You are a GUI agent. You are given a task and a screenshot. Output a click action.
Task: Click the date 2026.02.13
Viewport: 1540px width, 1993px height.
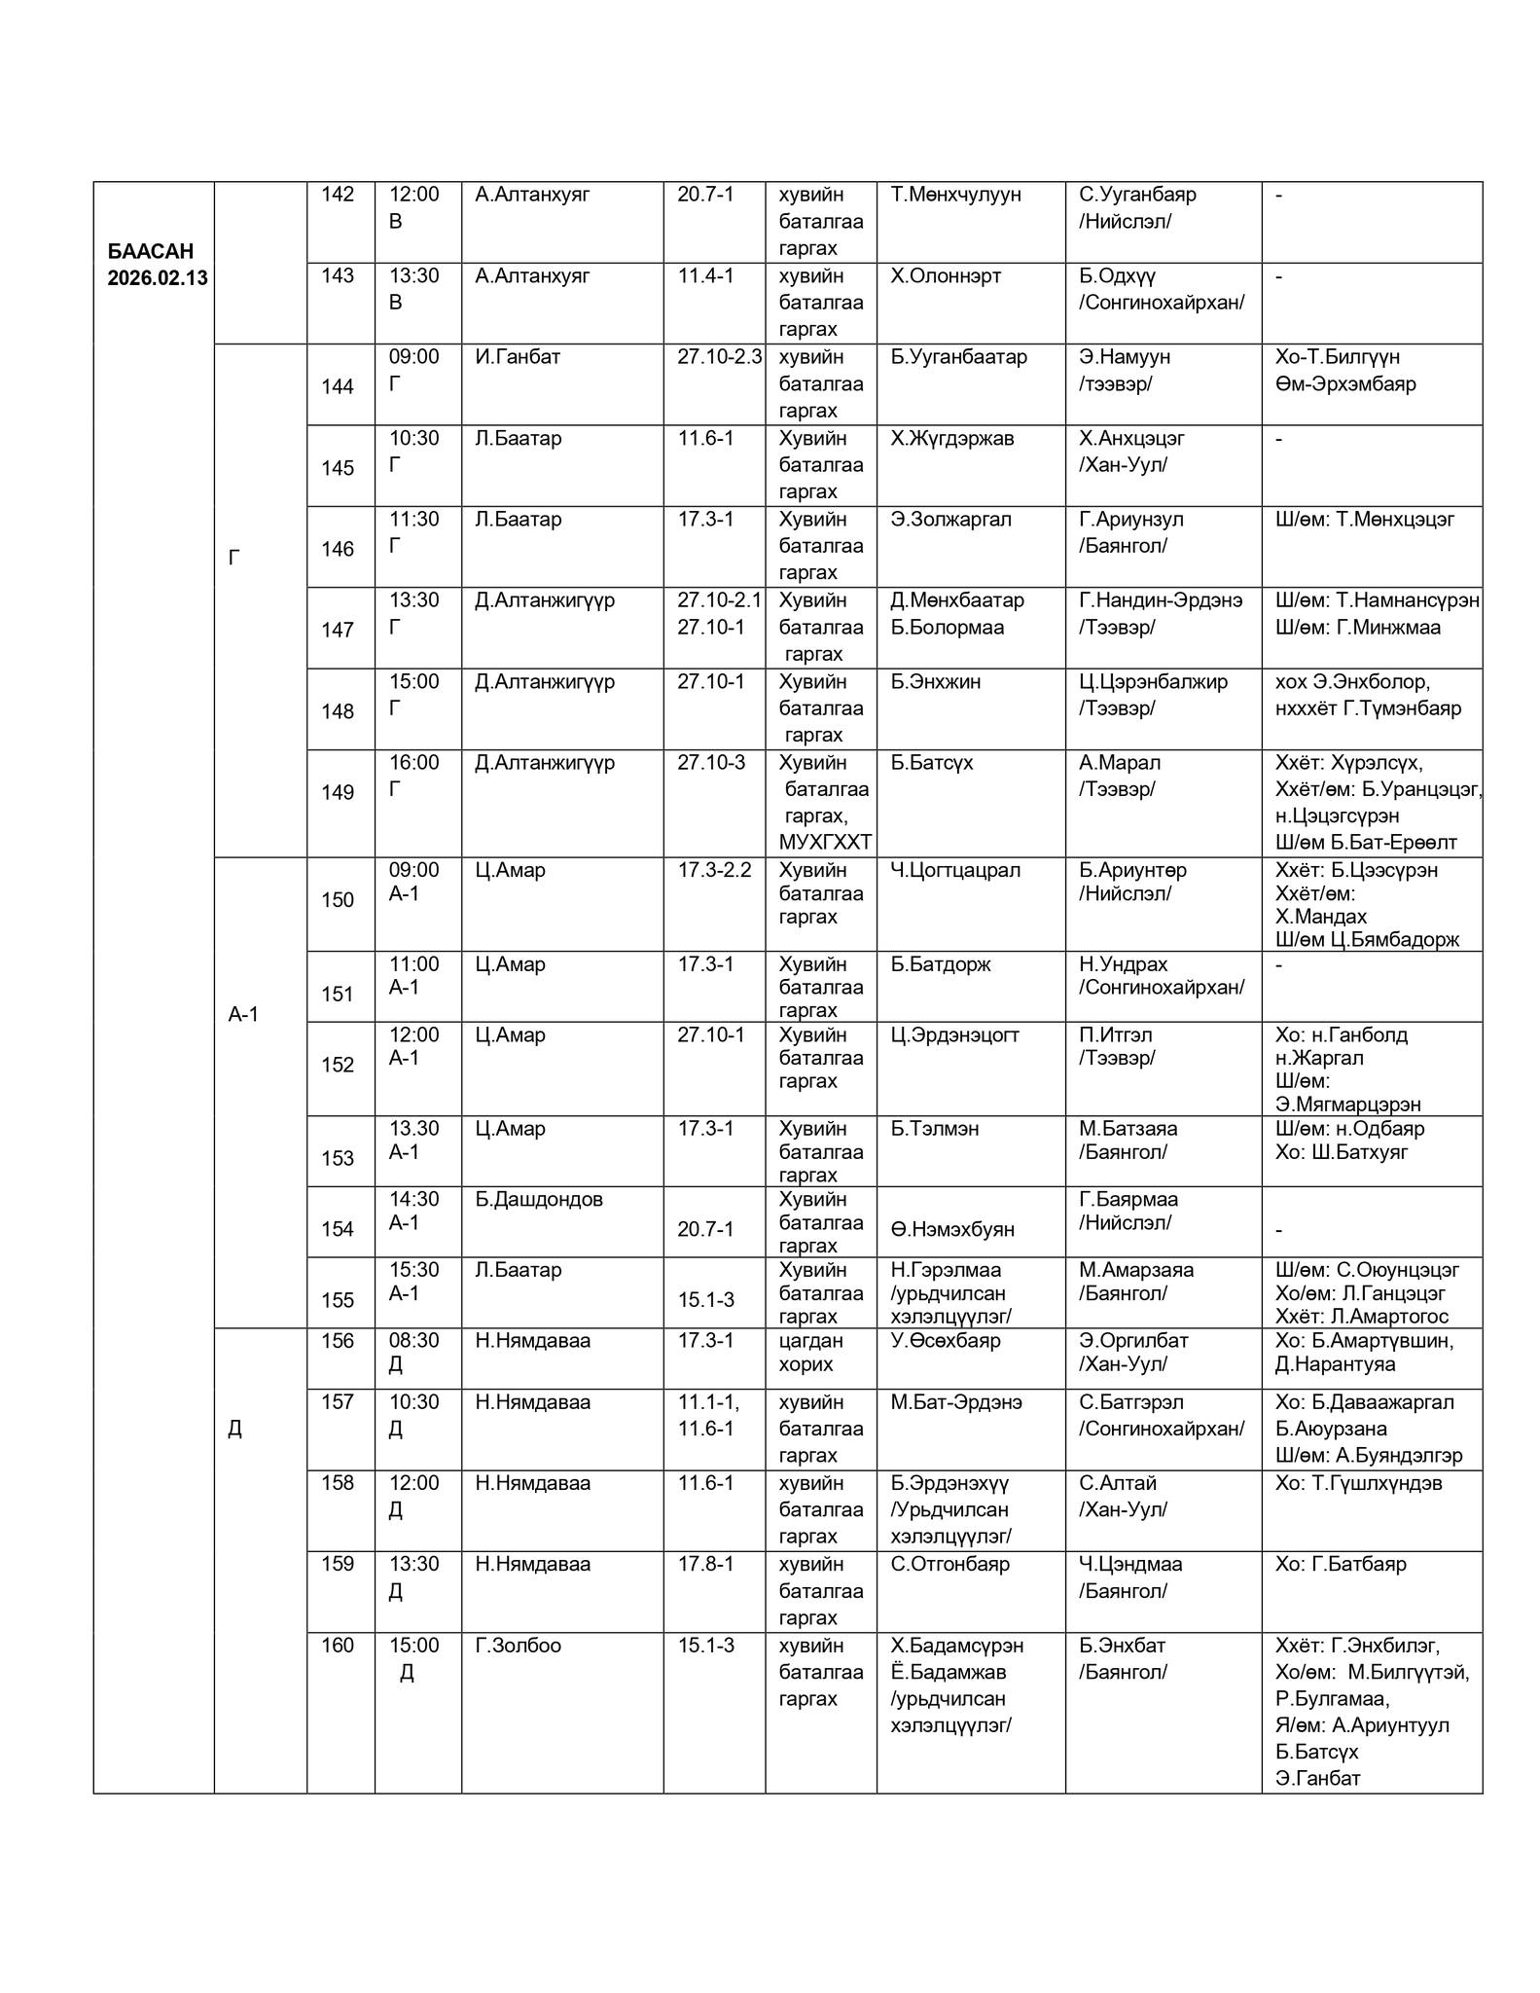157,278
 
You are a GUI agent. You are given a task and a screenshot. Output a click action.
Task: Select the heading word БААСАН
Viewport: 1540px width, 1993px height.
151,251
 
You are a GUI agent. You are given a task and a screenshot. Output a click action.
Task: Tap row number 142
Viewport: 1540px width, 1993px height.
338,195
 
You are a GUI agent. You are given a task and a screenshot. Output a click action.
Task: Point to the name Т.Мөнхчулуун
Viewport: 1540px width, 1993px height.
955,195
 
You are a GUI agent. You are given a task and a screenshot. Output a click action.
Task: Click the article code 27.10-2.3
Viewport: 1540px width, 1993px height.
719,357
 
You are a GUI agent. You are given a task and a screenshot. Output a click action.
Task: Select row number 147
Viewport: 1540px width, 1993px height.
338,631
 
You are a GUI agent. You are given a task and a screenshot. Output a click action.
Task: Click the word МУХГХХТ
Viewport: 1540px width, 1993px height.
825,843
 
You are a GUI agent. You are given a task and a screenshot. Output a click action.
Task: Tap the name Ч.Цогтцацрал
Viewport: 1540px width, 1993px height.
955,870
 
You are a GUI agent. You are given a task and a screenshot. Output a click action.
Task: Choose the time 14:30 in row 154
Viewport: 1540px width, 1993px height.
413,1199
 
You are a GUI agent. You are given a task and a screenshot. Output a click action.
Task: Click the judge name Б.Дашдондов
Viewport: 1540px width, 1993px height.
538,1199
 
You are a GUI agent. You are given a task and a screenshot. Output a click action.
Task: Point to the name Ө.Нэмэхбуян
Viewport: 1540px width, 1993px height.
952,1230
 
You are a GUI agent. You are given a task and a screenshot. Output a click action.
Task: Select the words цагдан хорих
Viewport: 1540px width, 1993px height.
811,1352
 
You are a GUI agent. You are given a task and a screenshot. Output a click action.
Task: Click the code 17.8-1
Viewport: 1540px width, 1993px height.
705,1564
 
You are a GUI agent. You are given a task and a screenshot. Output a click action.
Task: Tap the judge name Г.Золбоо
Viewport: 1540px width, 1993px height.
518,1646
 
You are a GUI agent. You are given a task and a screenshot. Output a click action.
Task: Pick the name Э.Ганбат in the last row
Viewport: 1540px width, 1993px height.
1317,1779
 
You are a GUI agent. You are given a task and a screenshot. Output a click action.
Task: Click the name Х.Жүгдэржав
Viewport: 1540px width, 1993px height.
951,439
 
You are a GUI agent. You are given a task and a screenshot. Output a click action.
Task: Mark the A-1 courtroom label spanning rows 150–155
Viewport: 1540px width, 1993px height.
243,1015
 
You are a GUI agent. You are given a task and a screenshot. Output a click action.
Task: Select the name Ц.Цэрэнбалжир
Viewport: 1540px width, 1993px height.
1153,682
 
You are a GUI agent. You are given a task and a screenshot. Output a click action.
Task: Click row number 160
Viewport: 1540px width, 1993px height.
338,1646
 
